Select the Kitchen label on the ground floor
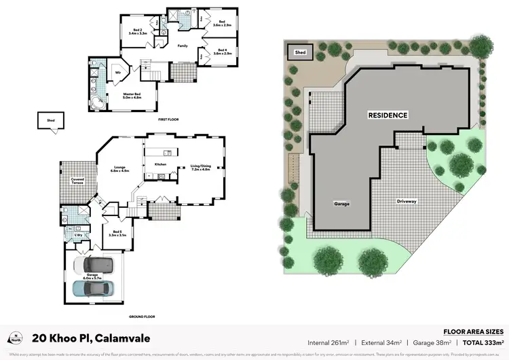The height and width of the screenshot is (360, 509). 161,164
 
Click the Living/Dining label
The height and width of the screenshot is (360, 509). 201,168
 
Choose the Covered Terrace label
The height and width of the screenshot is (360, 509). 77,181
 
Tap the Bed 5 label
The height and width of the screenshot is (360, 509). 118,233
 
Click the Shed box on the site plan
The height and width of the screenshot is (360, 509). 299,52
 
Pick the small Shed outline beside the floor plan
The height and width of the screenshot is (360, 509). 50,123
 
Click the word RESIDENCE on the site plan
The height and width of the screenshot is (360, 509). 388,115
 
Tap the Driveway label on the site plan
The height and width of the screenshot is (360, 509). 410,202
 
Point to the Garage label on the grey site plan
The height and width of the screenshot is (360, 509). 341,203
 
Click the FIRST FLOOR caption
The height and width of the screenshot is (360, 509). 168,119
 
